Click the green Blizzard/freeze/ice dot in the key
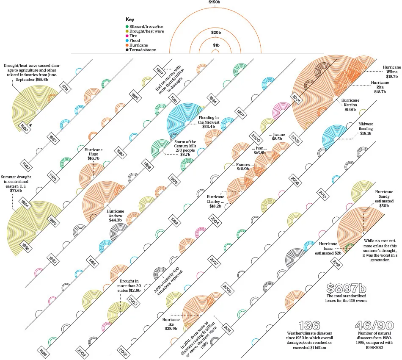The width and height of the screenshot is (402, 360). pyautogui.click(x=127, y=26)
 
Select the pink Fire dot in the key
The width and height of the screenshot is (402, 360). pyautogui.click(x=127, y=36)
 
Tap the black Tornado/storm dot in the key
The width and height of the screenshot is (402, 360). pyautogui.click(x=127, y=50)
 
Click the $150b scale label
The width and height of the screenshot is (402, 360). pyautogui.click(x=215, y=2)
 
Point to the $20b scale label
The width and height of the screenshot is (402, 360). pyautogui.click(x=216, y=33)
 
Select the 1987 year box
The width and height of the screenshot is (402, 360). pyautogui.click(x=160, y=71)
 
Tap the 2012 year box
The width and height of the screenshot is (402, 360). pyautogui.click(x=336, y=263)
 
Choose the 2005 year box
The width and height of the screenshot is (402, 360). pyautogui.click(x=295, y=139)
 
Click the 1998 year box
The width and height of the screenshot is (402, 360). pyautogui.click(x=43, y=353)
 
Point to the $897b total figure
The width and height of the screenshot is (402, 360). pyautogui.click(x=346, y=288)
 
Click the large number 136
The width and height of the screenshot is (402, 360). pyautogui.click(x=309, y=326)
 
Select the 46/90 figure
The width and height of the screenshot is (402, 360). pyautogui.click(x=374, y=326)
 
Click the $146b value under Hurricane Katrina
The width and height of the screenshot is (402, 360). pyautogui.click(x=350, y=110)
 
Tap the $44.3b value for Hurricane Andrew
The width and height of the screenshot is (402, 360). pyautogui.click(x=115, y=220)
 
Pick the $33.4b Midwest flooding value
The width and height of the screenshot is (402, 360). pyautogui.click(x=209, y=127)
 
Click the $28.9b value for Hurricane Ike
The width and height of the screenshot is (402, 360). pyautogui.click(x=171, y=329)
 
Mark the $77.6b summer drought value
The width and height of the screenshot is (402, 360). pyautogui.click(x=16, y=191)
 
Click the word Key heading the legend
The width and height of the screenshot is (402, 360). pyautogui.click(x=130, y=19)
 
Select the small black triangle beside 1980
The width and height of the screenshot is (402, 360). pyautogui.click(x=30, y=125)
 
